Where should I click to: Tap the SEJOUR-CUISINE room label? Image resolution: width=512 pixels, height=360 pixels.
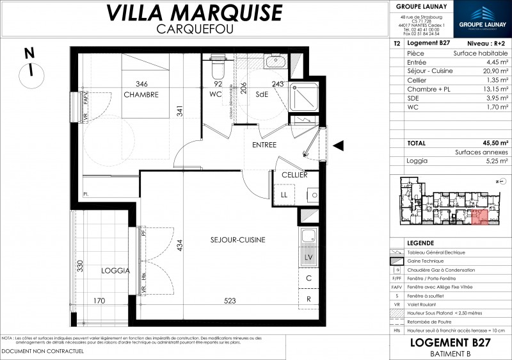click(237, 240)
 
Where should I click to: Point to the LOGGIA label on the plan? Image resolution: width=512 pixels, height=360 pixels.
click(115, 271)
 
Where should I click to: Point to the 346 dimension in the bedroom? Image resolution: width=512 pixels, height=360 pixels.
click(142, 84)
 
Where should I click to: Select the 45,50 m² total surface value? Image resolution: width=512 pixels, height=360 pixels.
click(496, 143)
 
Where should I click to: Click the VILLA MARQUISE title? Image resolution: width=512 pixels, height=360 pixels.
click(193, 12)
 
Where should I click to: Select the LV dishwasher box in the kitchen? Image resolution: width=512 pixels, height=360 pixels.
click(308, 258)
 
